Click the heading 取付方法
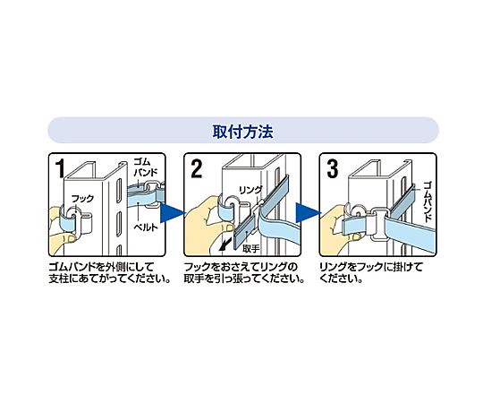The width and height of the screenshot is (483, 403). tap(242, 132)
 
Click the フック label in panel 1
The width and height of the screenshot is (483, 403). tap(82, 198)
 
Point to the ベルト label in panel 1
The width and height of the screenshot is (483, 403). tap(146, 227)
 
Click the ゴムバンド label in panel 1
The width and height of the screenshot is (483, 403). tap(146, 167)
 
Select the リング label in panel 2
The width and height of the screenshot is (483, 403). tap(251, 190)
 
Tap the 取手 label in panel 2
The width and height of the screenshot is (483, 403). tap(251, 249)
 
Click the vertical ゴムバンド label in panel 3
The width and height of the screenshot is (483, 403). tap(428, 201)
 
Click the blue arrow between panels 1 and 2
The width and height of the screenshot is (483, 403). tap(172, 213)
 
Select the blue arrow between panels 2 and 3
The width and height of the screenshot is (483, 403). tap(308, 213)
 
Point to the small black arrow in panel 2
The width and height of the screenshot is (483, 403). tap(225, 244)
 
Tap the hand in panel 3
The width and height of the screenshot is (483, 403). tap(335, 228)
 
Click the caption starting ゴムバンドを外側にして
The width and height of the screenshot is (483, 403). tap(110, 273)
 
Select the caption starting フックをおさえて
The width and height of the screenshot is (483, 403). tap(244, 273)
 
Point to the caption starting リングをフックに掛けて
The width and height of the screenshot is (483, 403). tap(371, 273)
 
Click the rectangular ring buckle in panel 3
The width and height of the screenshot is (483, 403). tap(377, 225)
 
